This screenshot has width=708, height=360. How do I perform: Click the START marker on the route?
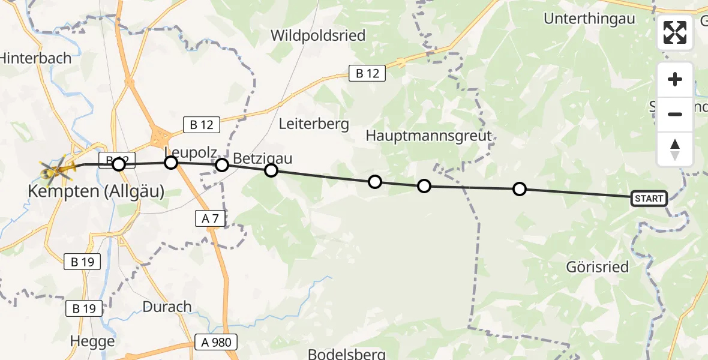(x=649, y=199)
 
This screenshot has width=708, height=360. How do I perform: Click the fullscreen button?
(x=675, y=32)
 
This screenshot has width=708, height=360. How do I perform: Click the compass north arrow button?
(x=675, y=149)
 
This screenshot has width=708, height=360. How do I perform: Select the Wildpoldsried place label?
(x=318, y=35)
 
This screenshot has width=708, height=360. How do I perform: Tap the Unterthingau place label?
(x=589, y=19)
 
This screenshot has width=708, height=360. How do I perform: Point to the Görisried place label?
(x=598, y=267)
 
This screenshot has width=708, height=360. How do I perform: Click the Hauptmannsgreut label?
(x=429, y=136)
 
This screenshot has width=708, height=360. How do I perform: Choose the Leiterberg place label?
(x=314, y=124)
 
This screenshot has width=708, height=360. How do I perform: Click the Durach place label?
(x=167, y=307)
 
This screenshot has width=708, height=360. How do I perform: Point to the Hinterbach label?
(x=36, y=58)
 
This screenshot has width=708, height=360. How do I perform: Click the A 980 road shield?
(x=216, y=343)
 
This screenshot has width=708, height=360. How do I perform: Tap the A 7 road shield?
(x=210, y=219)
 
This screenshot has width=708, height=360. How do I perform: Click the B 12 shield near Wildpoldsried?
(x=367, y=73)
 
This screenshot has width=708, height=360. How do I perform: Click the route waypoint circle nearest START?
(x=520, y=189)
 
